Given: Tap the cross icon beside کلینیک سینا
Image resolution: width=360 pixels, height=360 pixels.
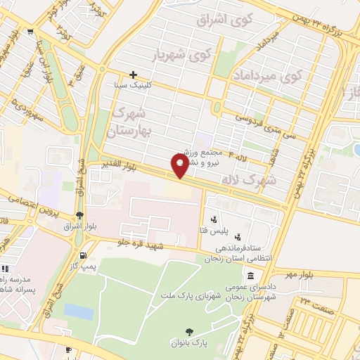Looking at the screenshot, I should tap(133, 75).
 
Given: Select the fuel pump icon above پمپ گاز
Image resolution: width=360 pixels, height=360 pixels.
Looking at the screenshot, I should tap(85, 255).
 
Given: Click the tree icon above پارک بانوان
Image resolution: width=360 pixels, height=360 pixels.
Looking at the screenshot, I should tap(188, 331).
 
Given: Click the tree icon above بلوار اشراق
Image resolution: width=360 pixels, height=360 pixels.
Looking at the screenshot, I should tap(80, 215).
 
